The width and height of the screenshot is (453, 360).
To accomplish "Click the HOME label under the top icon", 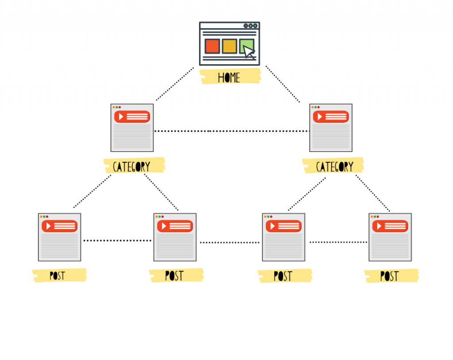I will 229,77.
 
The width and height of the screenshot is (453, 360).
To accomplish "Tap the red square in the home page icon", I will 212,46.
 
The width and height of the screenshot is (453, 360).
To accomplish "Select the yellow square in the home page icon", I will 229,46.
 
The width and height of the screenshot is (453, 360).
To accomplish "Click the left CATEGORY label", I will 132,167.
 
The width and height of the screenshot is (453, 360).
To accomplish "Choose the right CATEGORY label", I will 335,167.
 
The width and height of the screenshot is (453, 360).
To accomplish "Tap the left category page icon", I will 132,128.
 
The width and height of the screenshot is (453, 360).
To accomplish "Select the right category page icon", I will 331,128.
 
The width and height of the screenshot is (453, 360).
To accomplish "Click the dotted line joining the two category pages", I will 231,131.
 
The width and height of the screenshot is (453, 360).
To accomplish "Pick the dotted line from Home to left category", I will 175,84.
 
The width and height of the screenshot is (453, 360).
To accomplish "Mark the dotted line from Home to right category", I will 283,84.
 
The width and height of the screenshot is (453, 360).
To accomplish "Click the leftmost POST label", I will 58,276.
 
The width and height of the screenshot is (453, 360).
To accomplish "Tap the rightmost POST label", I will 389,276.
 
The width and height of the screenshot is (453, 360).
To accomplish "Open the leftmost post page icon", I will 59,237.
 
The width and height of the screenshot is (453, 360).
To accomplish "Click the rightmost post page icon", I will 390,237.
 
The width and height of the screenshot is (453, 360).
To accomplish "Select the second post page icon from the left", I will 175,237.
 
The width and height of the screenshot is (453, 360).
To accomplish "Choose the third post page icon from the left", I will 284,237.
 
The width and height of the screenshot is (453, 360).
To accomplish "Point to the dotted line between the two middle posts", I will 229,242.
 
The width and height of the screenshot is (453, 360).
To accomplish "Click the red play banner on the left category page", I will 132,117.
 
